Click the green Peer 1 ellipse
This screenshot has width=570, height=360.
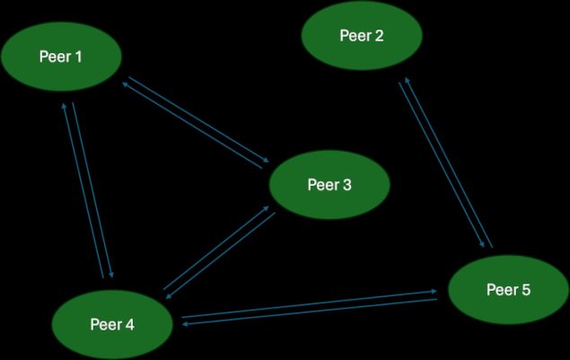[x=61, y=57]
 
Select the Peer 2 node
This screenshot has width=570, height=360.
[x=362, y=37]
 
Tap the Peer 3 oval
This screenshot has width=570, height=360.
[x=329, y=185]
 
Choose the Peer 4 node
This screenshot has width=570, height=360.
[x=112, y=324]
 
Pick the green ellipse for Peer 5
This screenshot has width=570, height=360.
[x=508, y=290]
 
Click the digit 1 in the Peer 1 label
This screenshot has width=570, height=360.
[x=78, y=57]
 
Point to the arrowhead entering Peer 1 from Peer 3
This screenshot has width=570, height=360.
[x=123, y=83]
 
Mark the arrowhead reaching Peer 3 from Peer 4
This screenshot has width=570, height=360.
[x=272, y=207]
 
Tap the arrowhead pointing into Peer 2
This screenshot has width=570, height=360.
[x=405, y=79]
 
